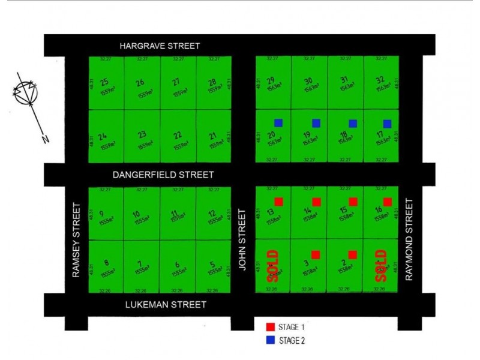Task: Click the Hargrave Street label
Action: point(159,46)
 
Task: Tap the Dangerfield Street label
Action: point(164,175)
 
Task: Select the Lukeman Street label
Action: point(166,305)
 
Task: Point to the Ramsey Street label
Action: point(76,239)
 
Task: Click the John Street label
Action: point(243,239)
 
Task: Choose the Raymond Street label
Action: point(410,239)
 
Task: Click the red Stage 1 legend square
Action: point(271,327)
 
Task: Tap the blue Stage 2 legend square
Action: point(271,340)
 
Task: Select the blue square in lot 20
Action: point(278,123)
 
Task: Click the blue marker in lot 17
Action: point(388,124)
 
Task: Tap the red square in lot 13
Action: point(278,202)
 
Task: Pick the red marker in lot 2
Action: point(353,254)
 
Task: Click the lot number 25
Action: point(105,82)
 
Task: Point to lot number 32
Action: point(379,80)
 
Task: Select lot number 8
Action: point(106,262)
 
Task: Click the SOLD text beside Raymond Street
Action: point(380,266)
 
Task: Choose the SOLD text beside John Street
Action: point(272,266)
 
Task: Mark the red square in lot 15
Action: point(353,202)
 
